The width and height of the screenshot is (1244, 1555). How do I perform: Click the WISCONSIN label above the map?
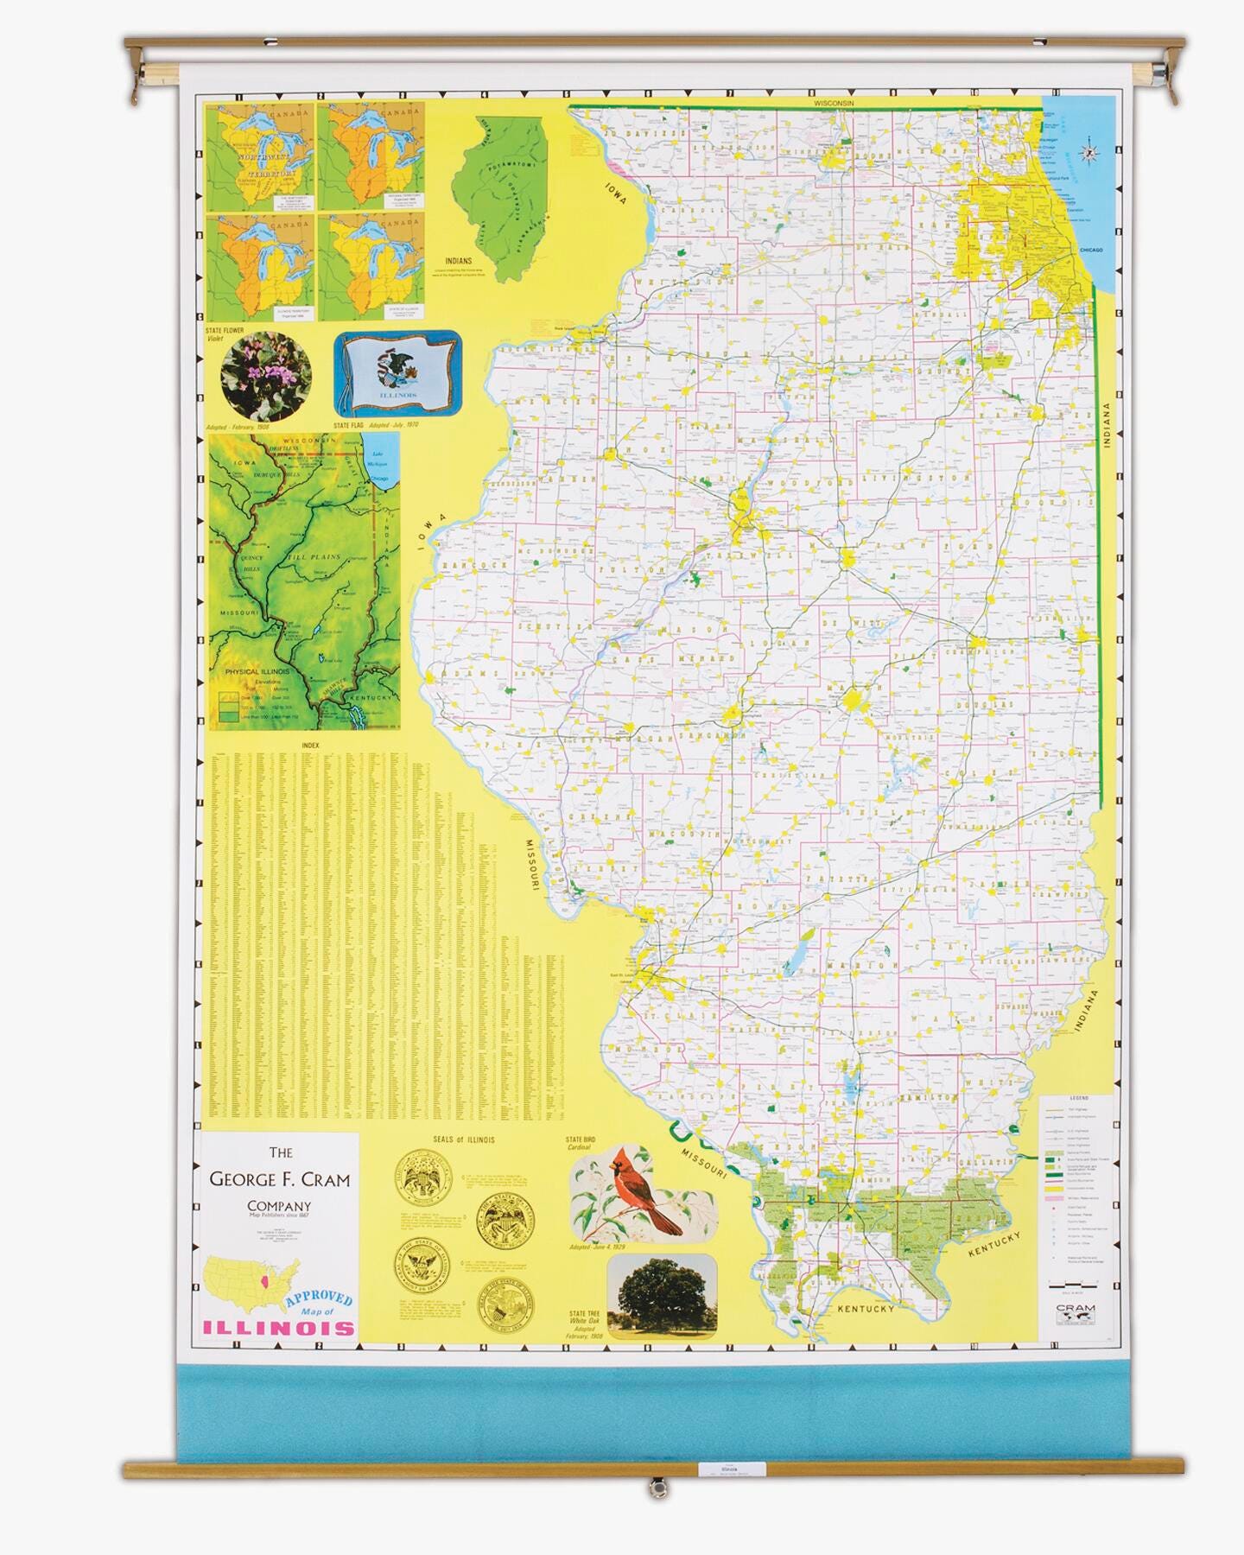[x=834, y=103]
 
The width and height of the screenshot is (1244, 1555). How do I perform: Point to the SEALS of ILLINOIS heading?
[x=464, y=1139]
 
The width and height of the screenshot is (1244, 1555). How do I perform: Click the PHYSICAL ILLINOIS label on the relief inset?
[x=256, y=670]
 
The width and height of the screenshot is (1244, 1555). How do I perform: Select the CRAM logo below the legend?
[x=1075, y=1311]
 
